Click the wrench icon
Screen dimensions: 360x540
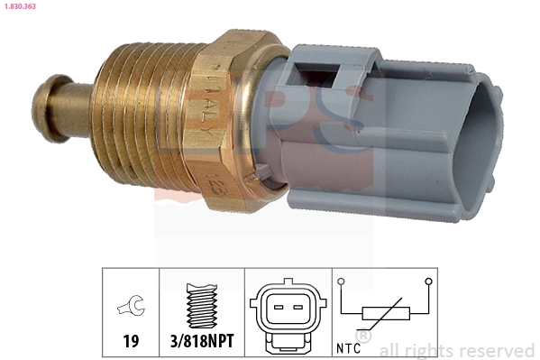130,308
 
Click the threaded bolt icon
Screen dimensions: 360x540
203,305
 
